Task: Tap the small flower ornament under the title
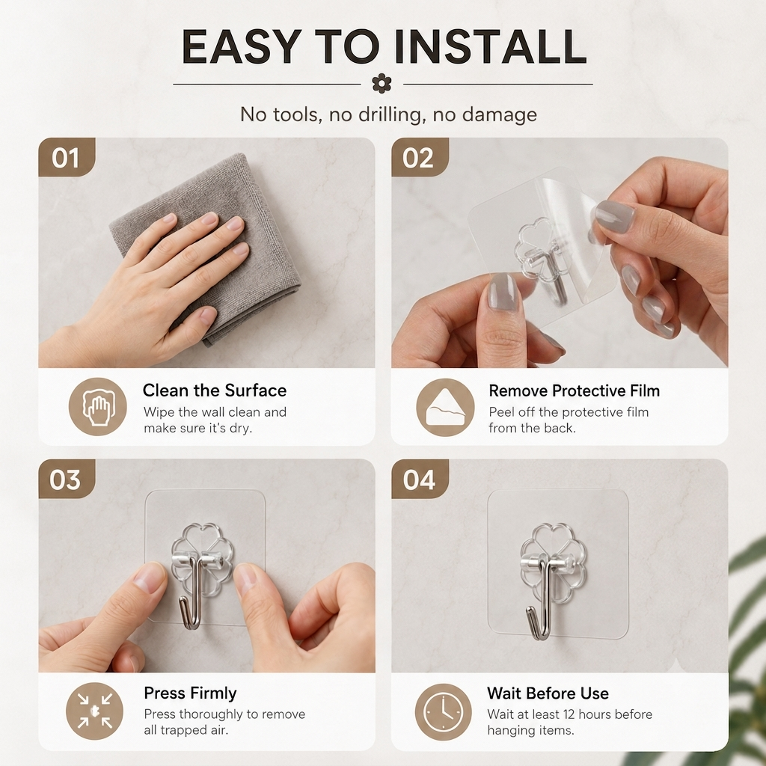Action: click(x=382, y=84)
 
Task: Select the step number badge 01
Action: click(x=66, y=157)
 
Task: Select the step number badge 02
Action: click(x=419, y=157)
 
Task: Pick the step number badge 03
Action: click(x=66, y=479)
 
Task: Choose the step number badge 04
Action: click(x=419, y=479)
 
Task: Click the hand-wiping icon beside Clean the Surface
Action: click(x=98, y=407)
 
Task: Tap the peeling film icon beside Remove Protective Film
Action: click(x=446, y=408)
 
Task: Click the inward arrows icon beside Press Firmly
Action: click(x=95, y=711)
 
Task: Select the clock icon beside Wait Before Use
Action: click(x=444, y=712)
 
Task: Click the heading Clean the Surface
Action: click(x=215, y=390)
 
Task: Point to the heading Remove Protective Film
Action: click(x=574, y=390)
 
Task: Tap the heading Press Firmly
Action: click(x=190, y=693)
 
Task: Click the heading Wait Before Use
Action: click(x=548, y=693)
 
